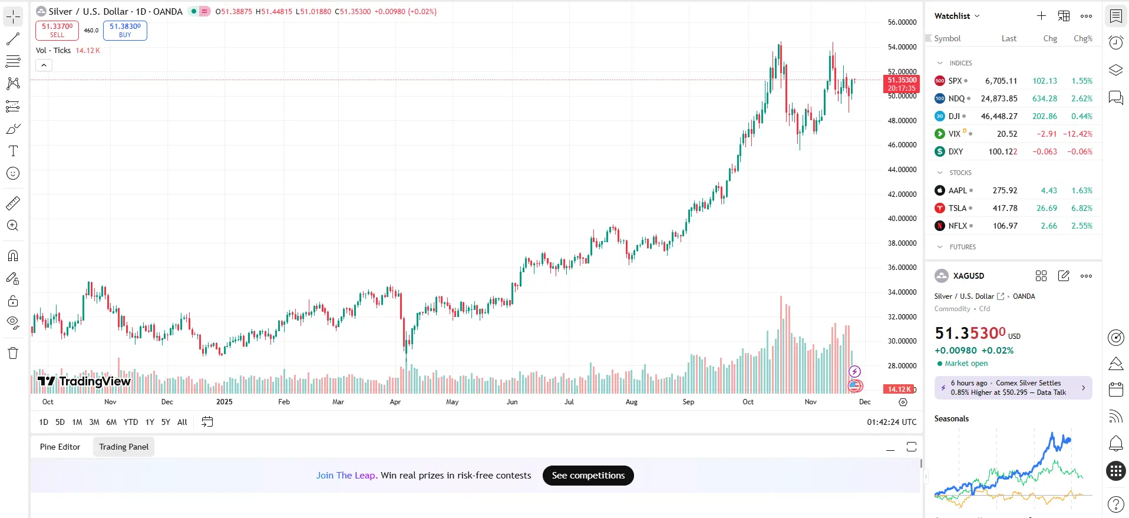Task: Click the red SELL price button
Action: tap(57, 30)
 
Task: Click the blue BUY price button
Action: tap(125, 30)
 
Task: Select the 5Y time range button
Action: tap(166, 422)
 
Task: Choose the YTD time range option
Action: tap(131, 422)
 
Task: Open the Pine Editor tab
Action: tap(60, 447)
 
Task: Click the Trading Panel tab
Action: tap(124, 447)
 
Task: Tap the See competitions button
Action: tap(588, 476)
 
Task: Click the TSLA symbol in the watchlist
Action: tap(958, 208)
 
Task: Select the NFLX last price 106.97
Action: tap(1005, 226)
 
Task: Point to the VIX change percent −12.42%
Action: tap(1078, 134)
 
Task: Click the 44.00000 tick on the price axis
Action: tap(902, 170)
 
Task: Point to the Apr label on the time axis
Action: tap(395, 402)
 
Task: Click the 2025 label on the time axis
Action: tap(225, 402)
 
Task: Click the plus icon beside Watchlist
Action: tap(1041, 16)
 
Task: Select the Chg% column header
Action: tap(1083, 38)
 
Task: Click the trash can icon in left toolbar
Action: tap(13, 353)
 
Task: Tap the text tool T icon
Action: tap(13, 151)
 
